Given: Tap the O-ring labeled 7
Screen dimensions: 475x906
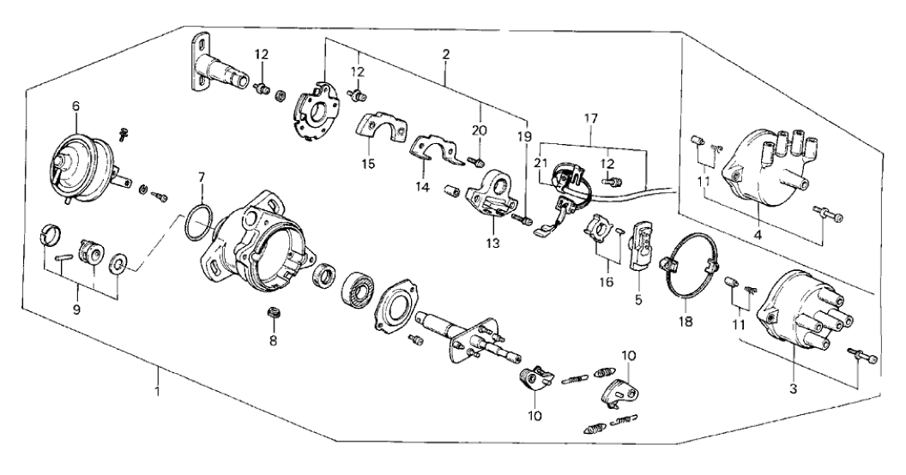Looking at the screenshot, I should point(197,224).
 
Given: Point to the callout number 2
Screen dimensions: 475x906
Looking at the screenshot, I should point(446,55).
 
